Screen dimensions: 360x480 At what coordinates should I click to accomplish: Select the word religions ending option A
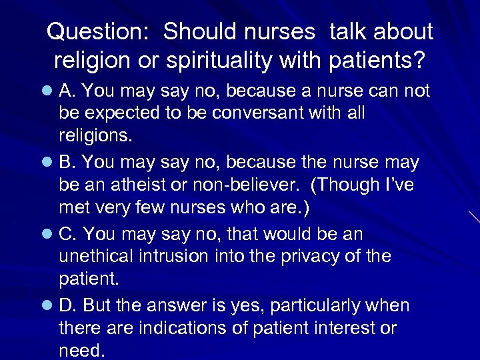click(x=96, y=137)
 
